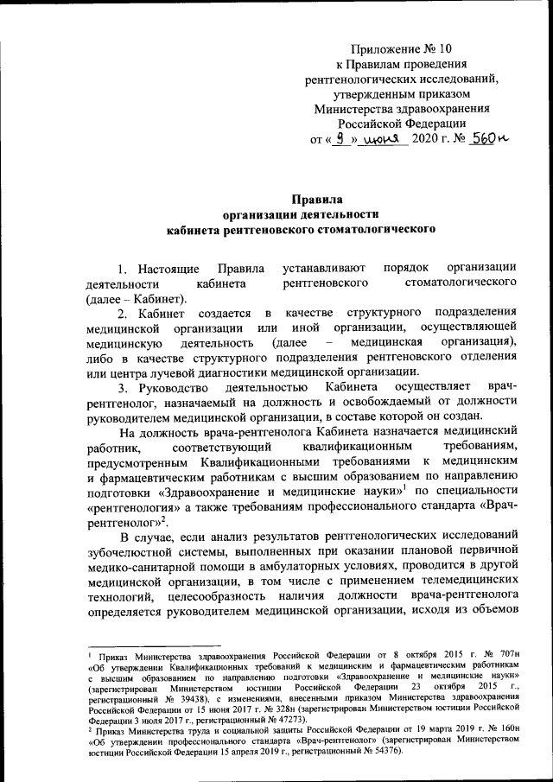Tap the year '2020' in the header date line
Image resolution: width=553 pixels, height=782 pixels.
point(426,139)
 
